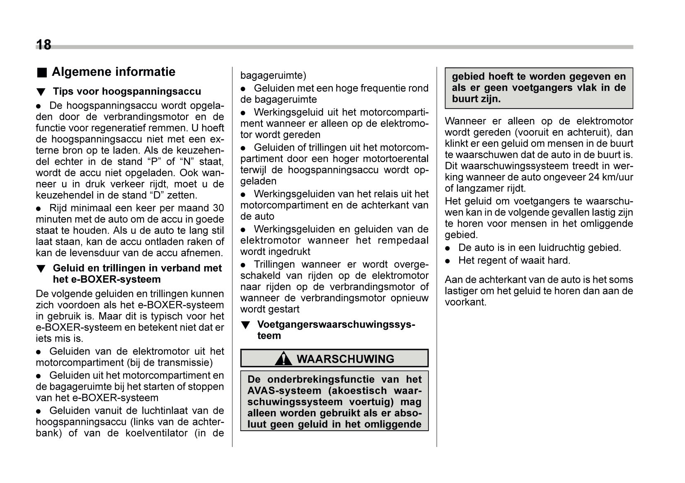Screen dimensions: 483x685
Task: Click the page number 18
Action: [x=44, y=44]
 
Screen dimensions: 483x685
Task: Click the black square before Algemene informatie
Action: [x=41, y=73]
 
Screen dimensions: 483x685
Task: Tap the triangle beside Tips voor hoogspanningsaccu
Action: [x=41, y=92]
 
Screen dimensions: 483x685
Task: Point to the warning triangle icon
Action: [x=283, y=358]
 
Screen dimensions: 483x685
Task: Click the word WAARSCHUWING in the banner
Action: [x=345, y=359]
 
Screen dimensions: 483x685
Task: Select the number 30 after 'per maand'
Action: [x=218, y=208]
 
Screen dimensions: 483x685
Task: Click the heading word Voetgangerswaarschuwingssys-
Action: [x=336, y=325]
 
